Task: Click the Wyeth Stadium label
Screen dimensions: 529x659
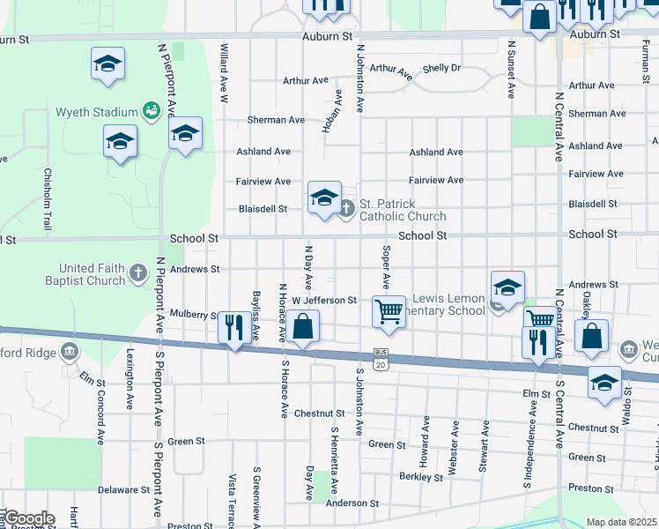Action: [x=97, y=112]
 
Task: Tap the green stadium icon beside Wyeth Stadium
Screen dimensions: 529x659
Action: [x=152, y=111]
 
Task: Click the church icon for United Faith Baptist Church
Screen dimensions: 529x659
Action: [x=138, y=274]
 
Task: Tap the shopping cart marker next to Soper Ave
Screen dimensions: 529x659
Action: [x=389, y=312]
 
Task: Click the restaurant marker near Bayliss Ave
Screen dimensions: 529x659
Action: [x=233, y=328]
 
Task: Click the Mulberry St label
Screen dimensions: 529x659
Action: [x=195, y=314]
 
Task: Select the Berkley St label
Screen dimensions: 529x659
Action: [x=420, y=478]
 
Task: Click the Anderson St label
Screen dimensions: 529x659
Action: [x=352, y=503]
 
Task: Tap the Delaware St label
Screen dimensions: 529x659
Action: [x=124, y=489]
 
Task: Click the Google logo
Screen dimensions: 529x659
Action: [x=29, y=518]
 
